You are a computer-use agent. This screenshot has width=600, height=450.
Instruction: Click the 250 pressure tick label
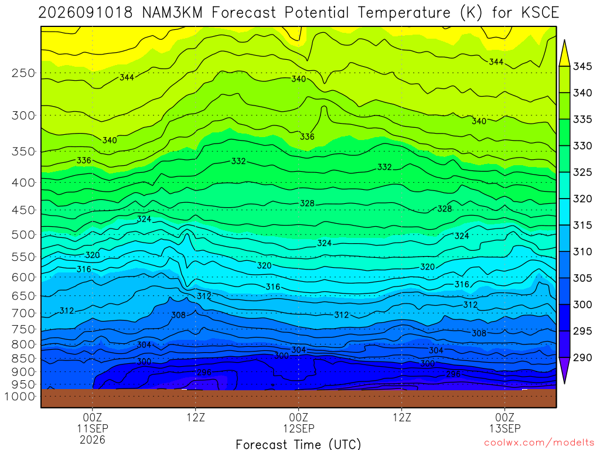coord(23,73)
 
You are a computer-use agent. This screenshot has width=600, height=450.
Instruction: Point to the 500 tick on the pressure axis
coord(23,234)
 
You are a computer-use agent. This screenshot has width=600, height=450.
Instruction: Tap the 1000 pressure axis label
coord(19,397)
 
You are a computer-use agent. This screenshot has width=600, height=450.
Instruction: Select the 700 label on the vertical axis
coord(23,313)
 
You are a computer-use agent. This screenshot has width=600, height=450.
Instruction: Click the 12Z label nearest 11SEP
coord(196,417)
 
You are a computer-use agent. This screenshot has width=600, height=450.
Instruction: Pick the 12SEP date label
coord(298,428)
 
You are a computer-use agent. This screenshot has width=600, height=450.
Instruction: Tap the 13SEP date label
coord(504,428)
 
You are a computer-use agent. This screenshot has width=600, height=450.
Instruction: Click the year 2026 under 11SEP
coord(92,439)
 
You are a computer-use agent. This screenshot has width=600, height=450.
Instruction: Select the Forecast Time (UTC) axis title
coord(298,444)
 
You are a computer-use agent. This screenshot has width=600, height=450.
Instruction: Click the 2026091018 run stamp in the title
coord(86,13)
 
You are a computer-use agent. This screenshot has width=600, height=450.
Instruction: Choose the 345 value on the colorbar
coord(582,67)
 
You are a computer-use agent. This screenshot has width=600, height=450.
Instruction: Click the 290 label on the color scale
coord(582,357)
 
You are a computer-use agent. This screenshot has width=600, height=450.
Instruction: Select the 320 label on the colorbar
coord(582,199)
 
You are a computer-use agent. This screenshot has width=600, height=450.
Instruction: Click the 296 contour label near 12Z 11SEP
coord(204,372)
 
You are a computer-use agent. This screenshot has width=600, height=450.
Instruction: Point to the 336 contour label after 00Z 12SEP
coord(307,137)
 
